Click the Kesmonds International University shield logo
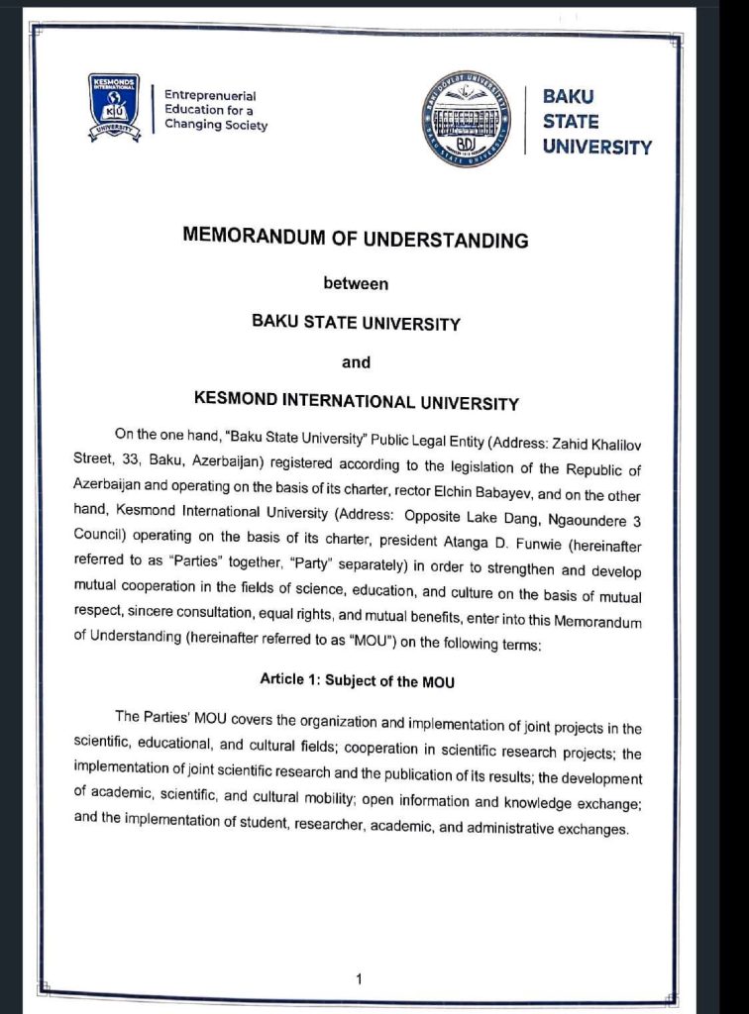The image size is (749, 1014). coord(114,107)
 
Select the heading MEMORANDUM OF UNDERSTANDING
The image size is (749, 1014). coord(356,239)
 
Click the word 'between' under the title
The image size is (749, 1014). coord(356,283)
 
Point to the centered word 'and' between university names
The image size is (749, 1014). coord(356,362)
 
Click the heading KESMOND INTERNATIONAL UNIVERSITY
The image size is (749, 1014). coord(356,403)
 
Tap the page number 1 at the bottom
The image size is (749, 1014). coord(359,979)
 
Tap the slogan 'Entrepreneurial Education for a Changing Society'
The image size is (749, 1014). coord(215,111)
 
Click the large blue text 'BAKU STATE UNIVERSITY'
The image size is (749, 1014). coord(595,122)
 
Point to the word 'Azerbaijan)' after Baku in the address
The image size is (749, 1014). coord(229,460)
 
